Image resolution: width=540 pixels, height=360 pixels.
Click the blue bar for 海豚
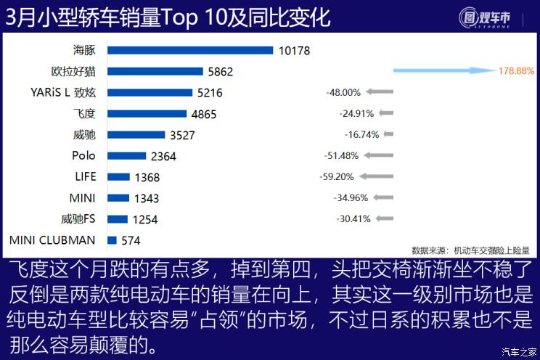point(189,50)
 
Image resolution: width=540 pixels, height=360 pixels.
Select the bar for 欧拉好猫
point(155,71)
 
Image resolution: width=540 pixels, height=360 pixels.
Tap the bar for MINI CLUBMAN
point(112,240)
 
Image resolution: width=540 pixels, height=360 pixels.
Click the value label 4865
point(203,114)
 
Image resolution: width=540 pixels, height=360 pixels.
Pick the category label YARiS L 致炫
point(65,92)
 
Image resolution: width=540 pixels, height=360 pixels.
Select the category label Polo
point(83,155)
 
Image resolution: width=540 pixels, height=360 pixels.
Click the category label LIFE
point(85,176)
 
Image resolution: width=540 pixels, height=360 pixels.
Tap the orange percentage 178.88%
point(516,71)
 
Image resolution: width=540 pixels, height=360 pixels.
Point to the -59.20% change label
point(336,176)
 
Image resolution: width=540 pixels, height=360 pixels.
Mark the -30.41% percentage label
point(353,218)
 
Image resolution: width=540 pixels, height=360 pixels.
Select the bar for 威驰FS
point(117,218)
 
